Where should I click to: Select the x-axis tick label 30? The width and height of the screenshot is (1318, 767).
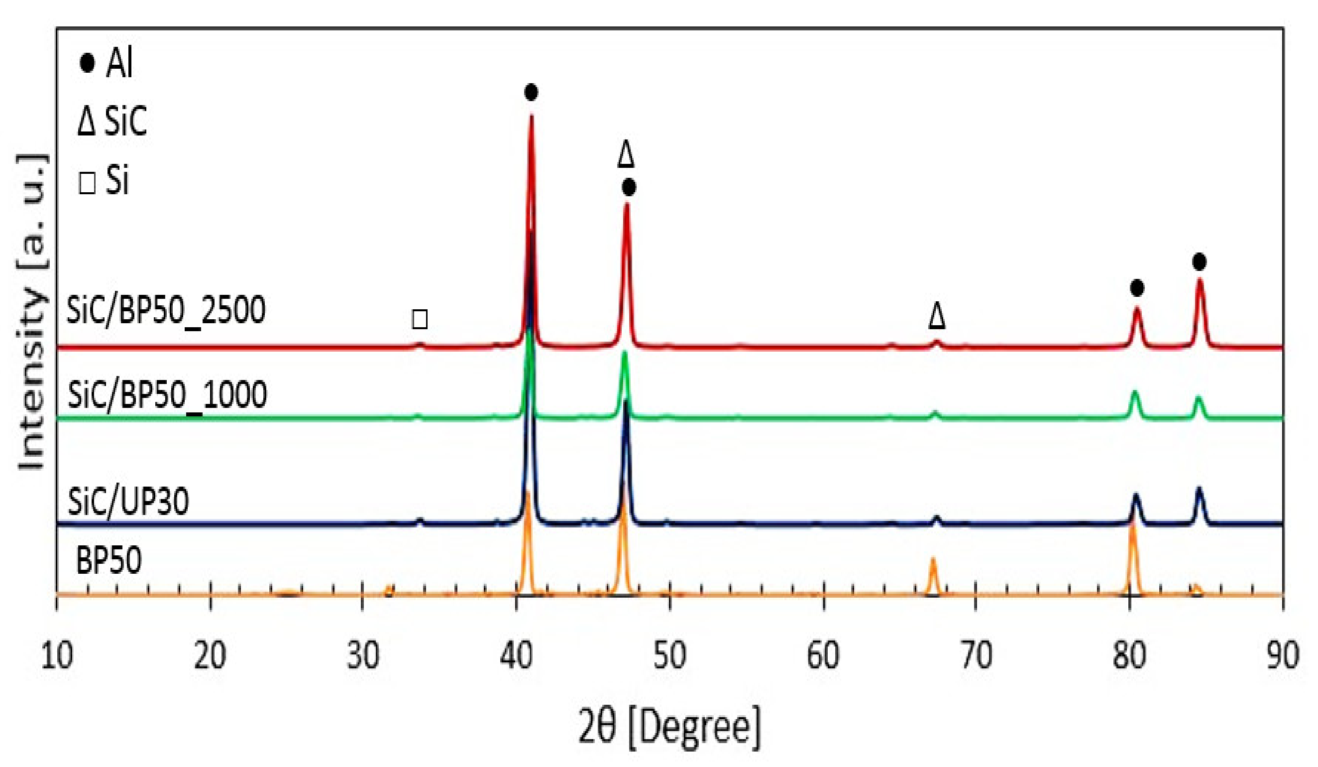(x=362, y=655)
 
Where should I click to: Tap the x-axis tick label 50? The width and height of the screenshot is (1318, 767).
(x=669, y=655)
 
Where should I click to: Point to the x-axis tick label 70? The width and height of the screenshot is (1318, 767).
(x=976, y=655)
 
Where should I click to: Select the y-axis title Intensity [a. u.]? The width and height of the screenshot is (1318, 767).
(x=32, y=312)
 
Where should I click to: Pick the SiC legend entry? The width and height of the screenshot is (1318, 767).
(x=112, y=122)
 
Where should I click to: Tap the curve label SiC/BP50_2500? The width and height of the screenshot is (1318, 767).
(x=166, y=310)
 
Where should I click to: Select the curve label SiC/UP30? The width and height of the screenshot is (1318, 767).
(x=128, y=501)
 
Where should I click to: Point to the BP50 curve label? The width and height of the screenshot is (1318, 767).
(x=109, y=561)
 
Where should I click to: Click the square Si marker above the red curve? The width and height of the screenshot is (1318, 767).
(x=420, y=319)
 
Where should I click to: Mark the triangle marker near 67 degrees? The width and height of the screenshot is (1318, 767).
(x=937, y=317)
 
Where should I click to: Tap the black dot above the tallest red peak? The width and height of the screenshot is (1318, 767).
(x=531, y=93)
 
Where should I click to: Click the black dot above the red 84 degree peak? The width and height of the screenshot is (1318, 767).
(x=1199, y=261)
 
